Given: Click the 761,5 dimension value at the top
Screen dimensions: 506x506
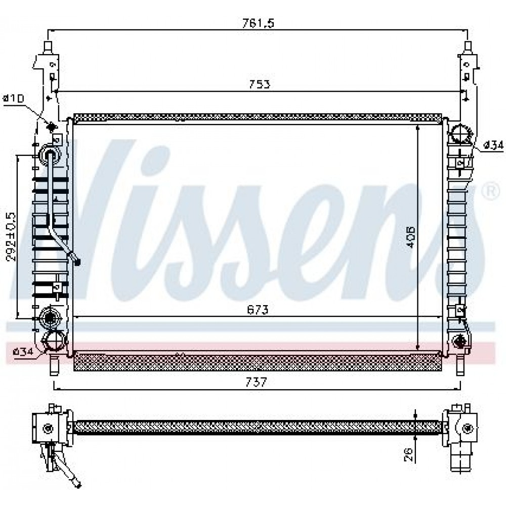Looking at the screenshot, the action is click(258, 23).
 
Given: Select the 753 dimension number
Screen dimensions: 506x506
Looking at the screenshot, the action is click(260, 84).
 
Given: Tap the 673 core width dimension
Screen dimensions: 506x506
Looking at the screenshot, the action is click(258, 310).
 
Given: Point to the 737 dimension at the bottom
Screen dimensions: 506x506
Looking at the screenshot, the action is click(257, 382).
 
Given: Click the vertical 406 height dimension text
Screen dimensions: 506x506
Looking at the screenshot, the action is click(410, 236).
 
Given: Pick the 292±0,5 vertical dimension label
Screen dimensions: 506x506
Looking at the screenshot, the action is click(11, 236).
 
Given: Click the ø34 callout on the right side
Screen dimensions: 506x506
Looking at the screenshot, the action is click(493, 146).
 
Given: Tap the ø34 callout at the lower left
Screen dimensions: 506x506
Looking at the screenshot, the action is click(23, 352).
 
